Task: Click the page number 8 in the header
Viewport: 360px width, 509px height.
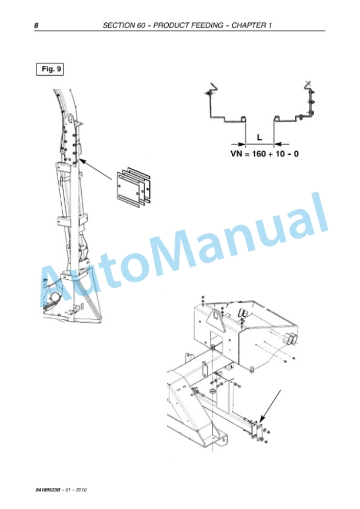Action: pos(36,25)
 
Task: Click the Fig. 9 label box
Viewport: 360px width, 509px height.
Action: pos(50,69)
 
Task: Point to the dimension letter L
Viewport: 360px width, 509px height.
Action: pos(259,138)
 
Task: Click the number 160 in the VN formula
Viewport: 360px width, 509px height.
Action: pos(259,153)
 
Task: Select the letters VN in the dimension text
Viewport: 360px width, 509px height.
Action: pos(236,153)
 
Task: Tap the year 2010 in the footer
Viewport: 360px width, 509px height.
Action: pos(81,490)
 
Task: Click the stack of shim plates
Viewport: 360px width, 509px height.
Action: pos(134,187)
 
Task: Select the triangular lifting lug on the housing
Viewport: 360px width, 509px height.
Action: pos(216,320)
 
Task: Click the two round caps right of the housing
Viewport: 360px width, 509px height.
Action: pos(290,338)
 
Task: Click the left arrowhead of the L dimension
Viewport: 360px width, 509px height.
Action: pos(241,144)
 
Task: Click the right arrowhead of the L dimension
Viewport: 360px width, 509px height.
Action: pos(278,144)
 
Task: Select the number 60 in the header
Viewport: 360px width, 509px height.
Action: pos(141,25)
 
